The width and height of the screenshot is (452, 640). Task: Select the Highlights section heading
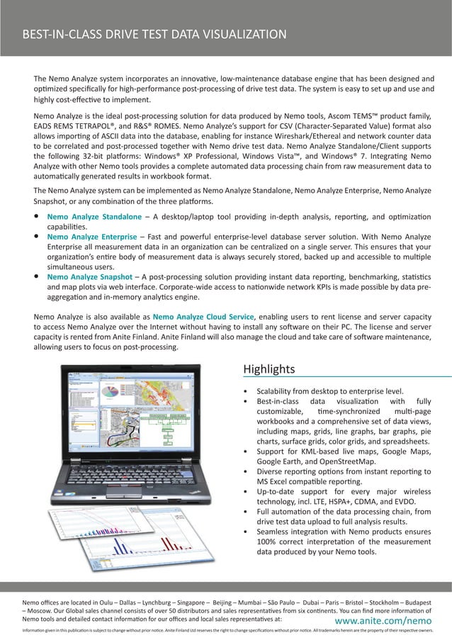point(269,369)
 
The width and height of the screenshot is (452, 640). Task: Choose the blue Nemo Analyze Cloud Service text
point(203,316)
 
